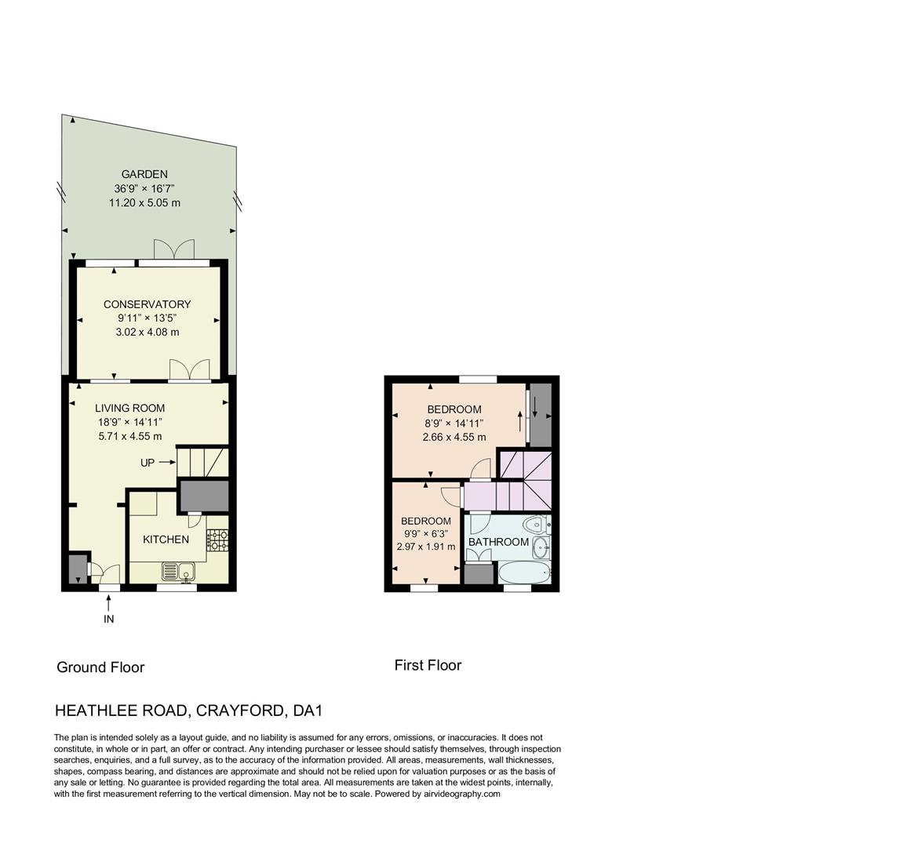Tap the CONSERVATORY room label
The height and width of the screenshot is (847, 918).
pyautogui.click(x=147, y=304)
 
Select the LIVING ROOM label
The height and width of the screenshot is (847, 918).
pyautogui.click(x=130, y=408)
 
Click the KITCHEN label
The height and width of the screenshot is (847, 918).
pyautogui.click(x=166, y=540)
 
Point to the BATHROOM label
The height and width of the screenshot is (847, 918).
pyautogui.click(x=498, y=542)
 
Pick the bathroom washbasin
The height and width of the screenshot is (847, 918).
pyautogui.click(x=541, y=547)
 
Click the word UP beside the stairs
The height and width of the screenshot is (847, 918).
pyautogui.click(x=148, y=463)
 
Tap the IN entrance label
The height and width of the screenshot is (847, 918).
pyautogui.click(x=109, y=620)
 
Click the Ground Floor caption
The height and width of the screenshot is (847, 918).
pyautogui.click(x=100, y=667)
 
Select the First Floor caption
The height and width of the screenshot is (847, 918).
pyautogui.click(x=428, y=665)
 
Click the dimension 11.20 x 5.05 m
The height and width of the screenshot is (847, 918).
pyautogui.click(x=144, y=202)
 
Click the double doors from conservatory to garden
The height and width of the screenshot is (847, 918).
pyautogui.click(x=173, y=251)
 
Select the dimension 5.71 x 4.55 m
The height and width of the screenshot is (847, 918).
pyautogui.click(x=130, y=436)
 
